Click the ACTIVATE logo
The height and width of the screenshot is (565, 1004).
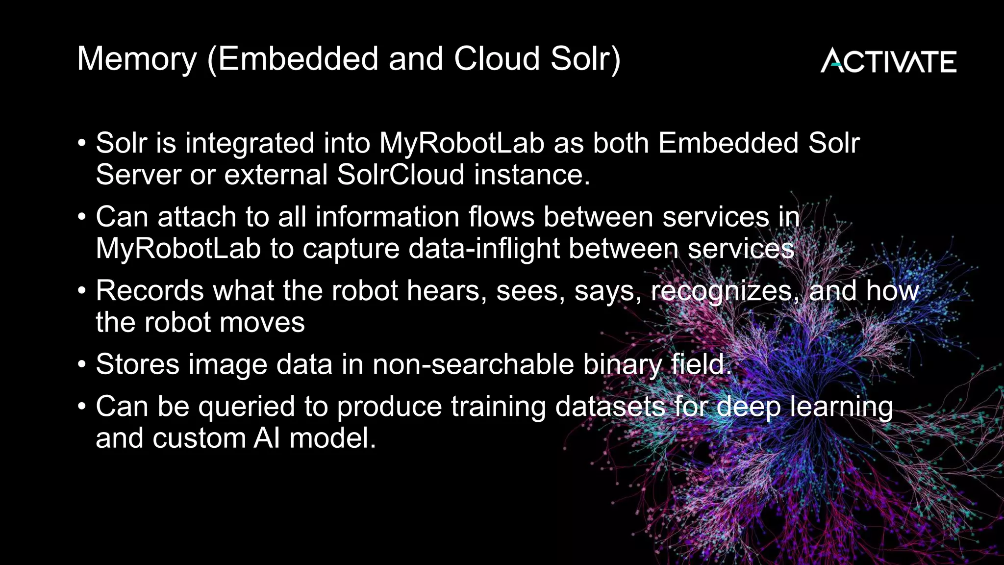pos(888,61)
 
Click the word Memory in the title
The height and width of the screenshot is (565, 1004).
pos(137,59)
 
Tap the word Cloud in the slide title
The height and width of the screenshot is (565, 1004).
pos(497,59)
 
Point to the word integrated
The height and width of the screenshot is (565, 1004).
pos(250,143)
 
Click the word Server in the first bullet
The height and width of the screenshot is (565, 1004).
pos(138,175)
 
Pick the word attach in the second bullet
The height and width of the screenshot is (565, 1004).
pos(197,217)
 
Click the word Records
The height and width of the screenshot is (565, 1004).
pos(150,290)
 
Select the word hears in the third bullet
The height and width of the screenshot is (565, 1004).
pos(447,290)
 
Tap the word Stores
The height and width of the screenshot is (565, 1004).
pos(138,364)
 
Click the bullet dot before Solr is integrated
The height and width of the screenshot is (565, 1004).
pos(82,144)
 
